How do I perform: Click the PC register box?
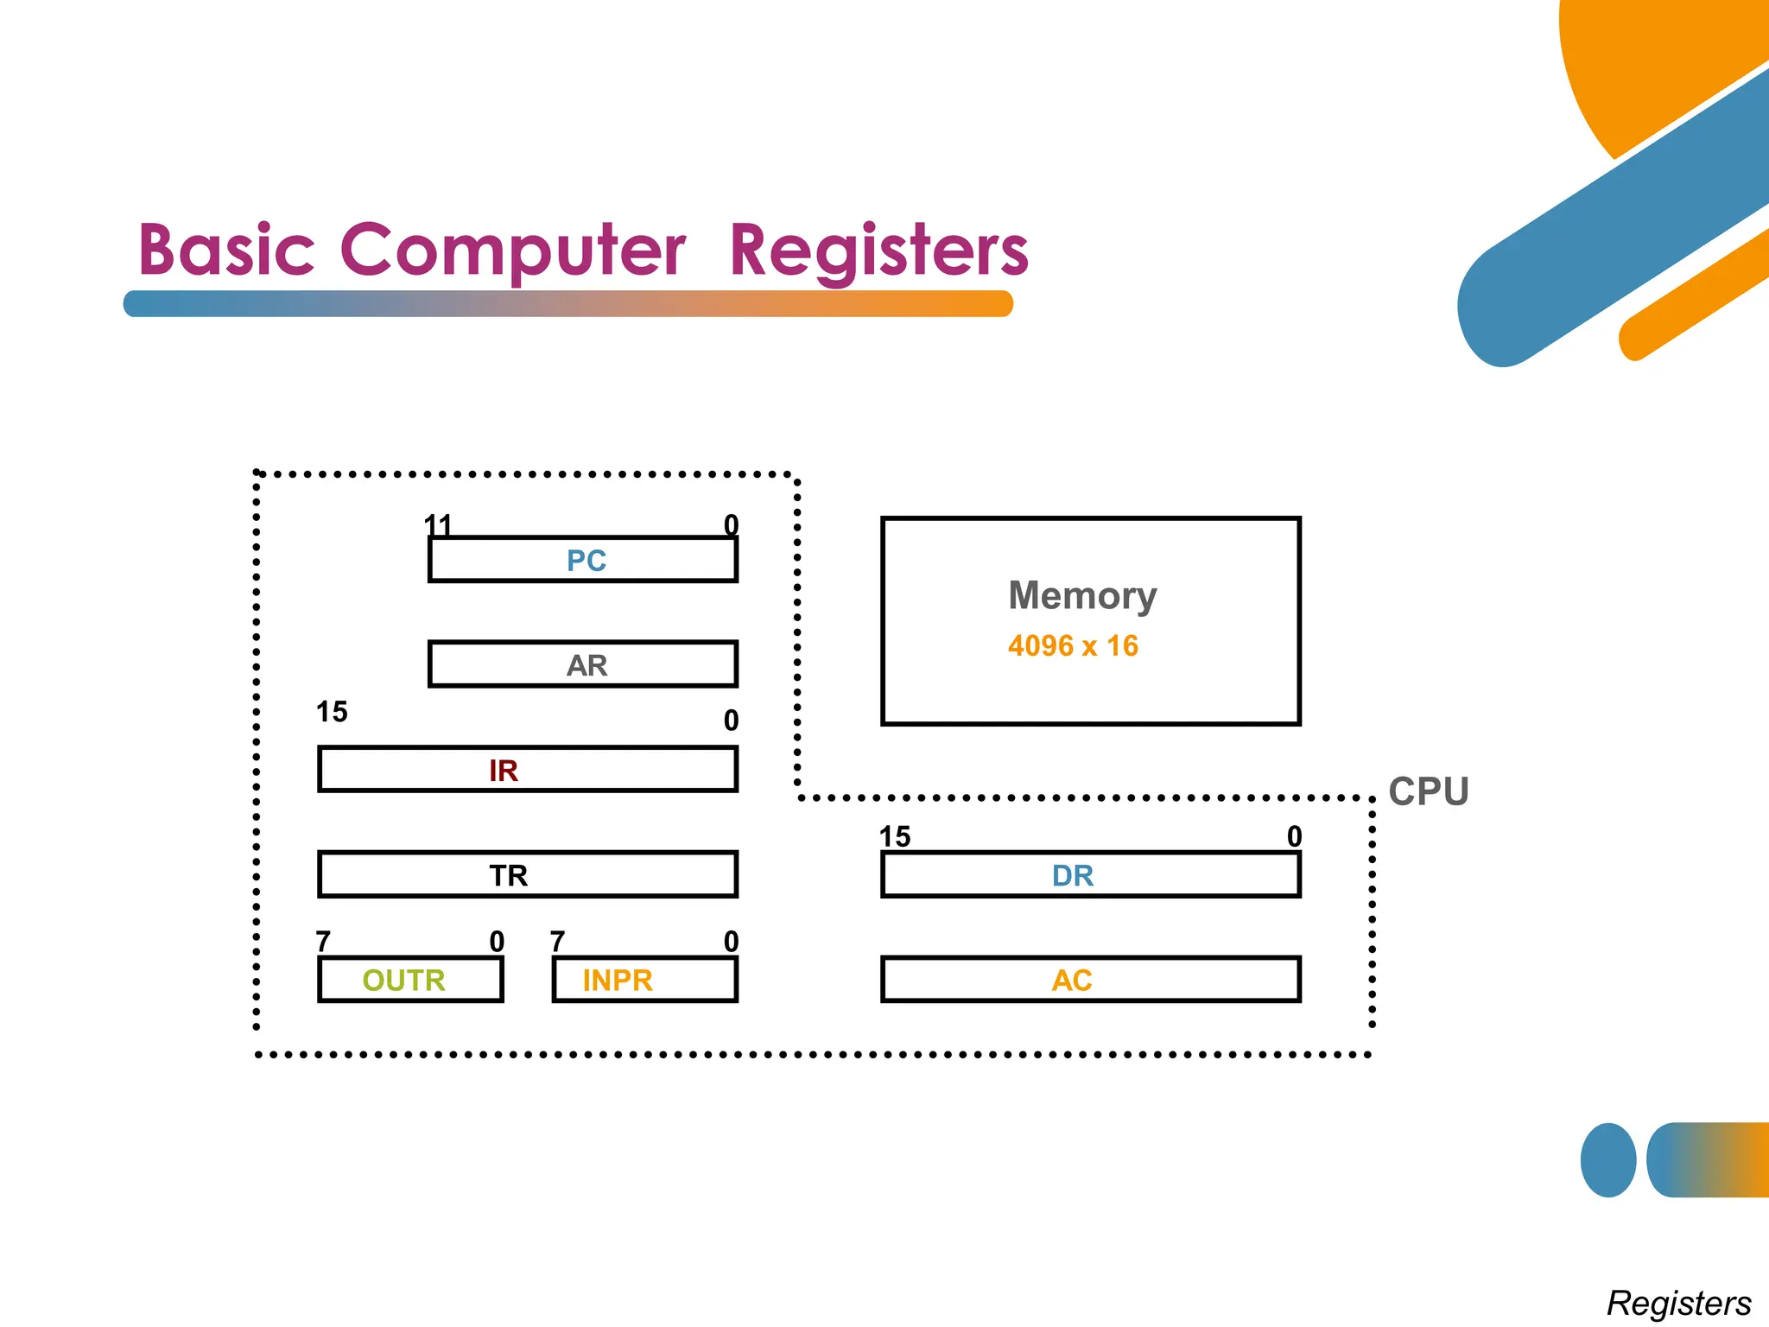point(583,560)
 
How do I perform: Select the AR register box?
point(583,664)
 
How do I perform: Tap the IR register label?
point(504,770)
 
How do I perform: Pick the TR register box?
point(528,874)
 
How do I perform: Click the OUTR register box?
point(410,980)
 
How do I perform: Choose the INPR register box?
point(644,980)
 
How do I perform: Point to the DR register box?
point(1090,875)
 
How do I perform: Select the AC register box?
point(1090,980)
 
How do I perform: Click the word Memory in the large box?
point(1081,596)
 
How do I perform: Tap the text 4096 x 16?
point(1073,645)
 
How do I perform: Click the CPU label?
point(1428,791)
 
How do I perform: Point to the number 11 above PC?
point(438,524)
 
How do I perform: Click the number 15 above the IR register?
point(332,712)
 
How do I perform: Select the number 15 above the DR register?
point(895,836)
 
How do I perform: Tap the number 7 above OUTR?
point(323,941)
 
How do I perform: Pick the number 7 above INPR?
point(557,941)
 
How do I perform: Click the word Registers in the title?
point(878,251)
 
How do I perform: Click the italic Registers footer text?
point(1678,1302)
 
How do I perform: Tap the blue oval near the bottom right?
point(1607,1159)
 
